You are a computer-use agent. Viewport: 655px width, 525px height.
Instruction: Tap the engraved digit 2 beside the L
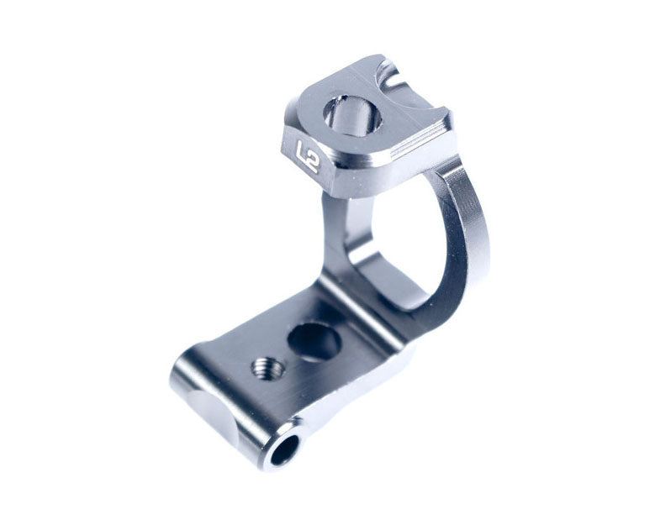tap(313, 164)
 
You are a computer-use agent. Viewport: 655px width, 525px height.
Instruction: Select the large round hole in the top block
tap(352, 116)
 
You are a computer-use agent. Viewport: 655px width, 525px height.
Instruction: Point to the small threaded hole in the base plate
tap(267, 368)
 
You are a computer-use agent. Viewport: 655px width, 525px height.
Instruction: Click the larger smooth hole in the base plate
tap(314, 341)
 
